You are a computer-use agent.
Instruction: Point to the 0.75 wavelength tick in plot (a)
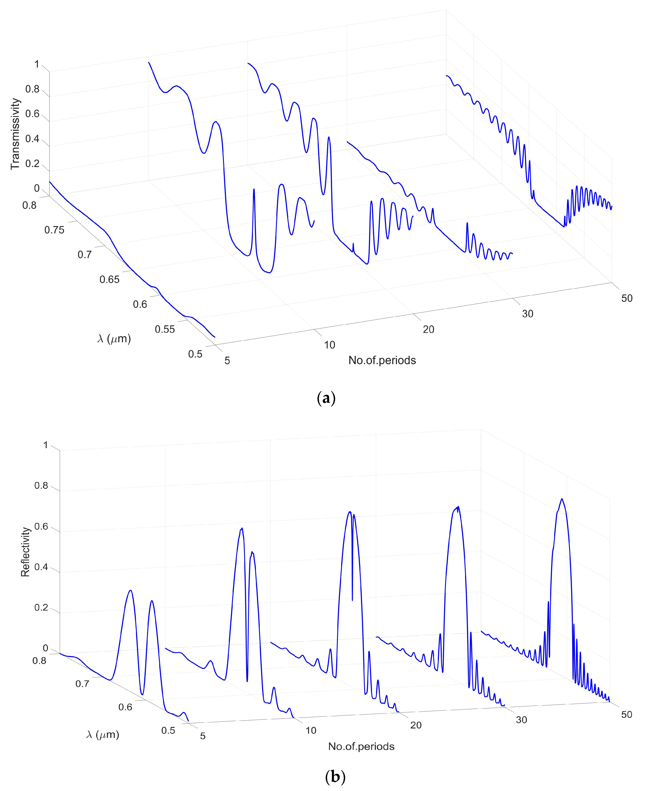pos(54,230)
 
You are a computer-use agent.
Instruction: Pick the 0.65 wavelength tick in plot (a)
pos(109,280)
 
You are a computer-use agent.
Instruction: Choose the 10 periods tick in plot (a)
pos(329,345)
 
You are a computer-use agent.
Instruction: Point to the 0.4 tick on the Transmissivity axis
pos(32,139)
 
